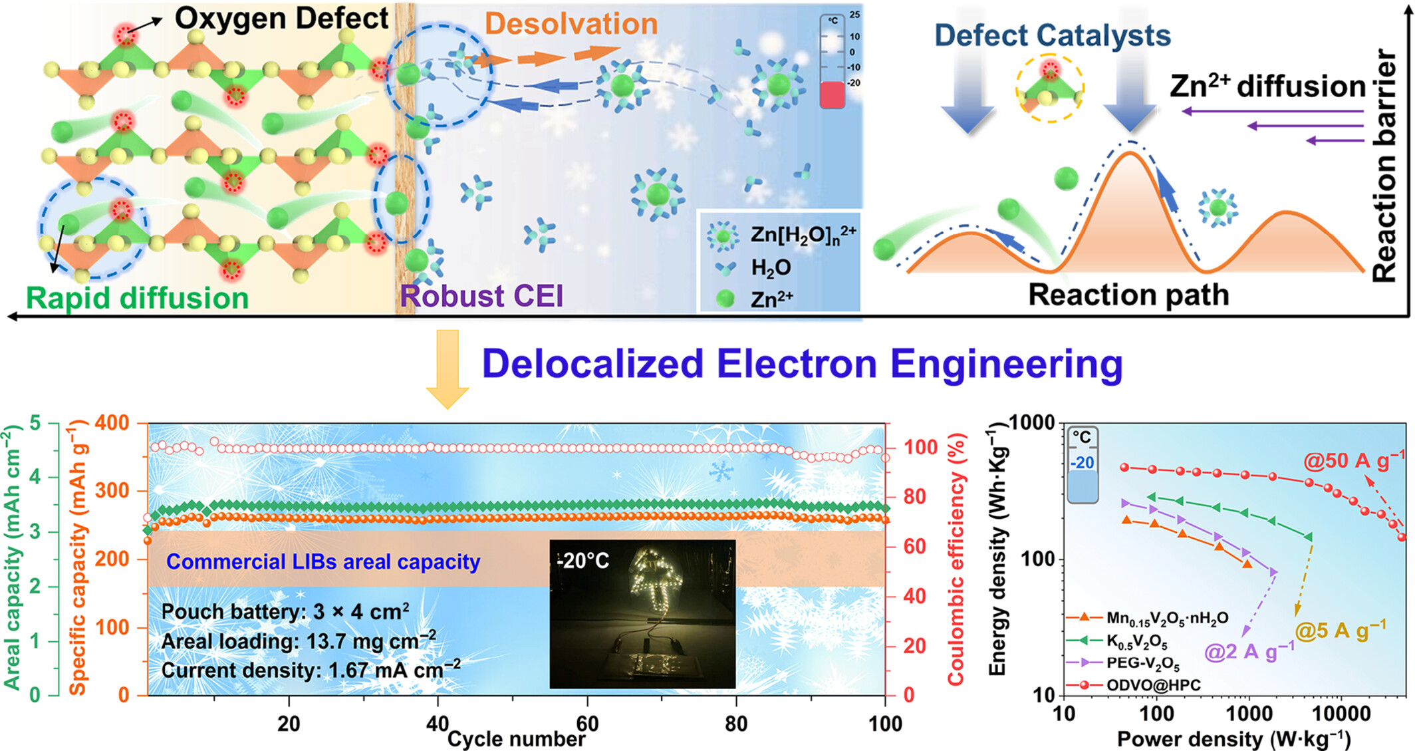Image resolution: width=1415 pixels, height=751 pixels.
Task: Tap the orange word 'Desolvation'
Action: click(x=571, y=24)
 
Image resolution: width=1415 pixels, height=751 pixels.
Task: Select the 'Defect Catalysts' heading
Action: click(x=1052, y=35)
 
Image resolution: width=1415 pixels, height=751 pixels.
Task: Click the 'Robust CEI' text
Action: click(x=481, y=296)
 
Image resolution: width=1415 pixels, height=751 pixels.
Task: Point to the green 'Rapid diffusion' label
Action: click(x=137, y=298)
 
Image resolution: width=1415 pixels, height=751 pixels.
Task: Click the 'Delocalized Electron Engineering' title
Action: click(x=801, y=364)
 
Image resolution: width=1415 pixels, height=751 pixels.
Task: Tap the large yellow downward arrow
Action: click(x=448, y=369)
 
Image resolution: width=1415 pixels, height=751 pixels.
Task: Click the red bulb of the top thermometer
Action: click(x=832, y=95)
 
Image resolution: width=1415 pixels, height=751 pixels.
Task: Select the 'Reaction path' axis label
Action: click(x=1128, y=295)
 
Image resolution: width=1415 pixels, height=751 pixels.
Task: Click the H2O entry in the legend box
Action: click(x=770, y=268)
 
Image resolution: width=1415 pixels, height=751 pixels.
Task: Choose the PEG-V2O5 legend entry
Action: click(x=1142, y=663)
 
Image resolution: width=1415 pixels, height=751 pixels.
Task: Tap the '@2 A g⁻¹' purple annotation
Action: click(x=1249, y=651)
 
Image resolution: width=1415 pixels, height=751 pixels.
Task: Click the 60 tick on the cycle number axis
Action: click(x=587, y=723)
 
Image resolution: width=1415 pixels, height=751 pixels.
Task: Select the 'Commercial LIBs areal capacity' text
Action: click(x=322, y=562)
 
